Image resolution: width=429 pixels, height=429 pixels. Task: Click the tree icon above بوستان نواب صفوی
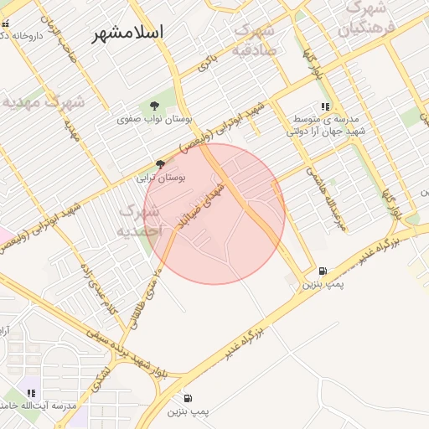154,106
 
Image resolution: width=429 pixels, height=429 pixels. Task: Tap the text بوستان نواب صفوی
153,120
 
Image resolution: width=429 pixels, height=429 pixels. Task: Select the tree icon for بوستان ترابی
161,163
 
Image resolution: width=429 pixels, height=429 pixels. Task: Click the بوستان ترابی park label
161,178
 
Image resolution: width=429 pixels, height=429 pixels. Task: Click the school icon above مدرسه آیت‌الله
32,393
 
